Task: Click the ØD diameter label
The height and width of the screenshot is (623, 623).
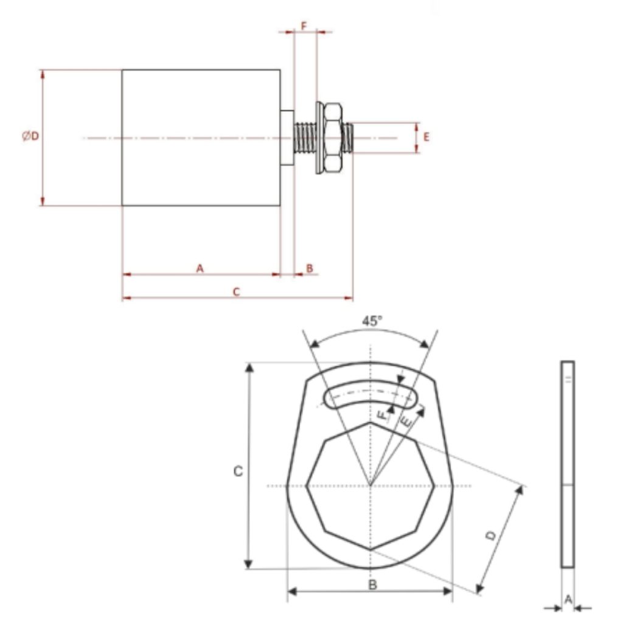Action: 30,136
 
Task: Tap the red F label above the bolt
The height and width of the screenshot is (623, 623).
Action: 304,26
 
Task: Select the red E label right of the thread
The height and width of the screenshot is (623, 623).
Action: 426,137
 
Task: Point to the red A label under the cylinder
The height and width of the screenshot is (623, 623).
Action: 200,268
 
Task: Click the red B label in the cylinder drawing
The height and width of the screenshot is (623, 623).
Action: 310,268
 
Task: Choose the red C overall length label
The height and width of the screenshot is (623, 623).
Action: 237,292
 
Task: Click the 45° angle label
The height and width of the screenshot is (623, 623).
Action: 372,321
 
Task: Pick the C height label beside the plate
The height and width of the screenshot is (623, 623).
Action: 238,472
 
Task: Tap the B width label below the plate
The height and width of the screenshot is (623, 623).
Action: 372,585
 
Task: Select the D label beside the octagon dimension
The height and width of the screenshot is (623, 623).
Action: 492,535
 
